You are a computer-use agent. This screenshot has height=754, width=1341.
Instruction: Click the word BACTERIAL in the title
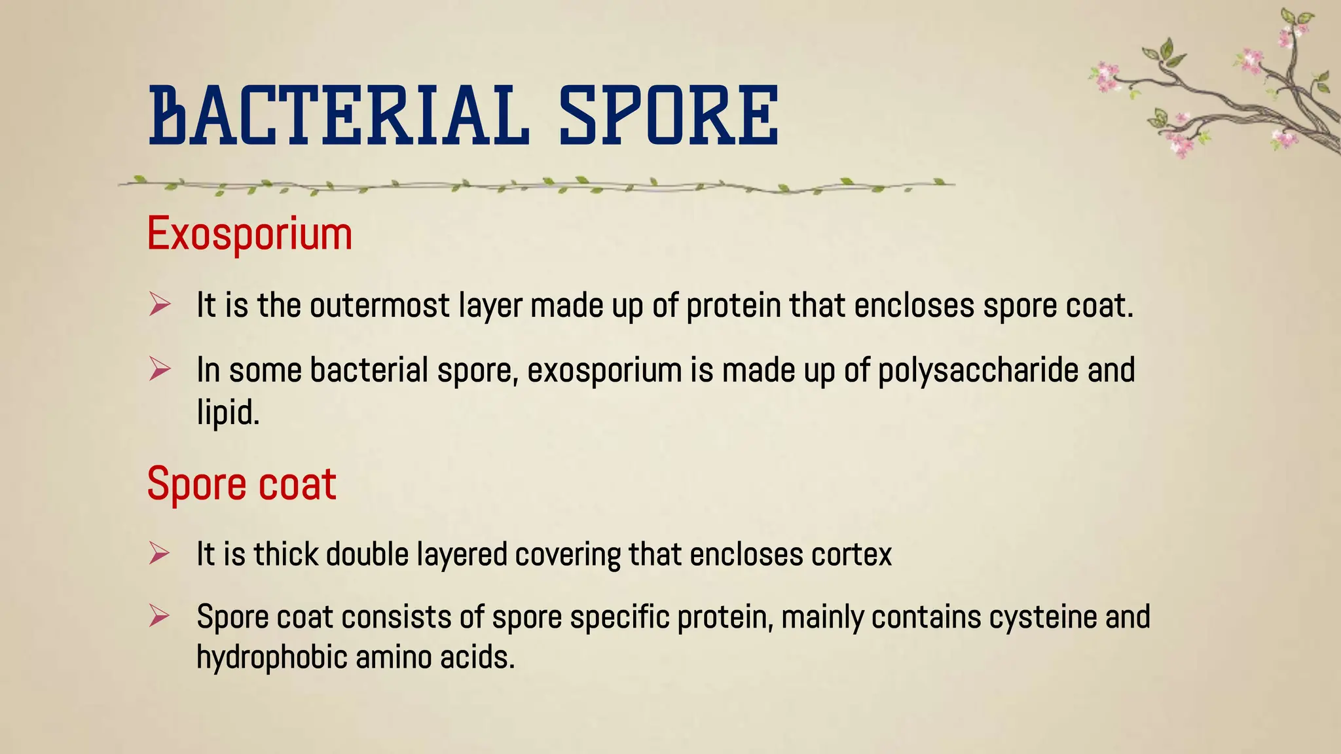click(x=339, y=115)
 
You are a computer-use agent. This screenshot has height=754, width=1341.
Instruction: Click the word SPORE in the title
click(x=669, y=115)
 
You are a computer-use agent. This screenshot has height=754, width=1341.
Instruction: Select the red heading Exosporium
click(x=249, y=234)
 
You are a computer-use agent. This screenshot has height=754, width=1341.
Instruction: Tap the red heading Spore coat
click(x=242, y=484)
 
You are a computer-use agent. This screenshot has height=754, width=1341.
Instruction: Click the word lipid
click(x=228, y=412)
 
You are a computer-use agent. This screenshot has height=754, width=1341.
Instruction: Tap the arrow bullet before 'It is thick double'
click(x=159, y=554)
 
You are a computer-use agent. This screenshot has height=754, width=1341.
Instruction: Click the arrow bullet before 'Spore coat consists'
click(x=159, y=617)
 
